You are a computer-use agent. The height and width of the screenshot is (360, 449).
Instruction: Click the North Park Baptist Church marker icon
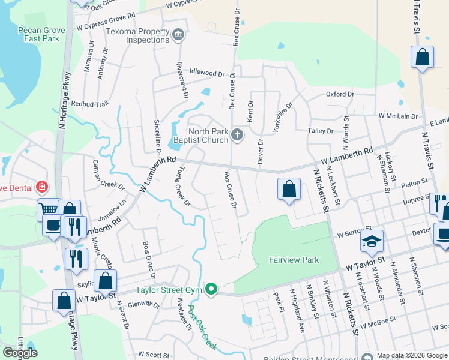pyautogui.click(x=238, y=134)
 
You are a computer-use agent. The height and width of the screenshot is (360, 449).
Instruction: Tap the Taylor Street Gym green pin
pyautogui.click(x=211, y=290)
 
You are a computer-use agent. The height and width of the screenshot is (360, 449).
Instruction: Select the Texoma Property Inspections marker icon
pyautogui.click(x=178, y=35)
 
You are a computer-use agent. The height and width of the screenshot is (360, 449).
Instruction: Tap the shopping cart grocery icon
pyautogui.click(x=48, y=209)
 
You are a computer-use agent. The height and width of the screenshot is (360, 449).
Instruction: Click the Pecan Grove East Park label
pyautogui.click(x=30, y=33)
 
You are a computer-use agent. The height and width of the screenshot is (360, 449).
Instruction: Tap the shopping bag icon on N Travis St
pyautogui.click(x=422, y=58)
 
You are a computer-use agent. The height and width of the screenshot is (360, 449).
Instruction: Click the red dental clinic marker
pyautogui.click(x=41, y=187)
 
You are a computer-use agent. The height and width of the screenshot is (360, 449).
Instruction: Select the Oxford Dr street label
pyautogui.click(x=340, y=94)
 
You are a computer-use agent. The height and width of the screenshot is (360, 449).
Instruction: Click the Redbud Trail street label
pyautogui.click(x=89, y=104)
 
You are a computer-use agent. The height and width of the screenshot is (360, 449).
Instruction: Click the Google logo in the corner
pyautogui.click(x=20, y=353)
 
